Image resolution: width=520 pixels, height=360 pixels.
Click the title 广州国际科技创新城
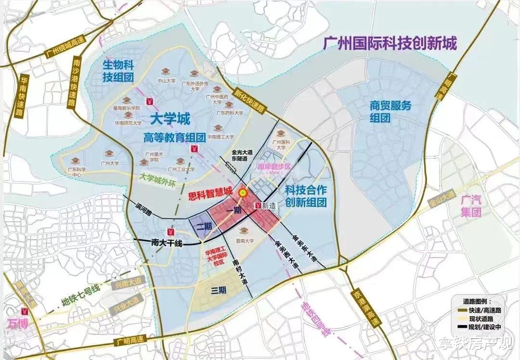click(390, 44)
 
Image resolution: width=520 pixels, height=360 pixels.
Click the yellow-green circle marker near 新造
click(243, 192)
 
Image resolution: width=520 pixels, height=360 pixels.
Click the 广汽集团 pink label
click(471, 206)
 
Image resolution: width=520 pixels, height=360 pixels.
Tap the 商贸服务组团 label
click(390, 112)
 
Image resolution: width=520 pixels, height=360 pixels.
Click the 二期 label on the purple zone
click(204, 226)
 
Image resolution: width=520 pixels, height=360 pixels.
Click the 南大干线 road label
click(166, 244)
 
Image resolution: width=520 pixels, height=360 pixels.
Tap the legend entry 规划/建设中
click(483, 327)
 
